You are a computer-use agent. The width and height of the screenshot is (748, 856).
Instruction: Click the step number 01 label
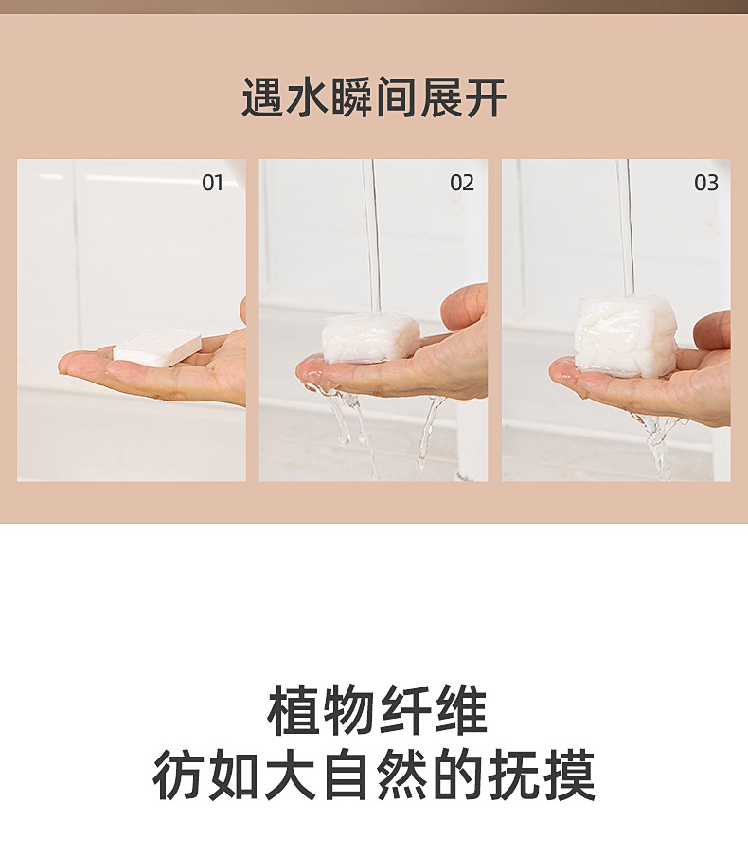(x=212, y=183)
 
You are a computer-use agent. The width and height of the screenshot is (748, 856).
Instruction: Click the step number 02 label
(x=461, y=183)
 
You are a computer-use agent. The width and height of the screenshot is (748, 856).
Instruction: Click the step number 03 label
(x=706, y=183)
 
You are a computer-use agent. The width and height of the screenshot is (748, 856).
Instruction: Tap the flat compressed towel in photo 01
(x=158, y=347)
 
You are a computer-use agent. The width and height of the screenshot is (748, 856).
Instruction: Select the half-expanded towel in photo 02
(x=370, y=337)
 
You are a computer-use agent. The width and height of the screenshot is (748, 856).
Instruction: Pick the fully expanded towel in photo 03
(x=626, y=336)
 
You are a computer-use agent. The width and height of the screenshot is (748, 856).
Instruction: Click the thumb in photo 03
(x=712, y=330)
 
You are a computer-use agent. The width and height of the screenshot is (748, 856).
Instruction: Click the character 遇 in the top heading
(x=262, y=98)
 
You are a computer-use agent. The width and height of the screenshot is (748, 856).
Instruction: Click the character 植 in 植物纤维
(x=292, y=712)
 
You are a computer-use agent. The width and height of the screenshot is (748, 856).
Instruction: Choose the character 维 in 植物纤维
(x=460, y=712)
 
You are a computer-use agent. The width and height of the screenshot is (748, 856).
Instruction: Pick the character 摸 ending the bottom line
(x=569, y=776)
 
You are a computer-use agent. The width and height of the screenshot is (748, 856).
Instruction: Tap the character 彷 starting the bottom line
(x=178, y=776)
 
